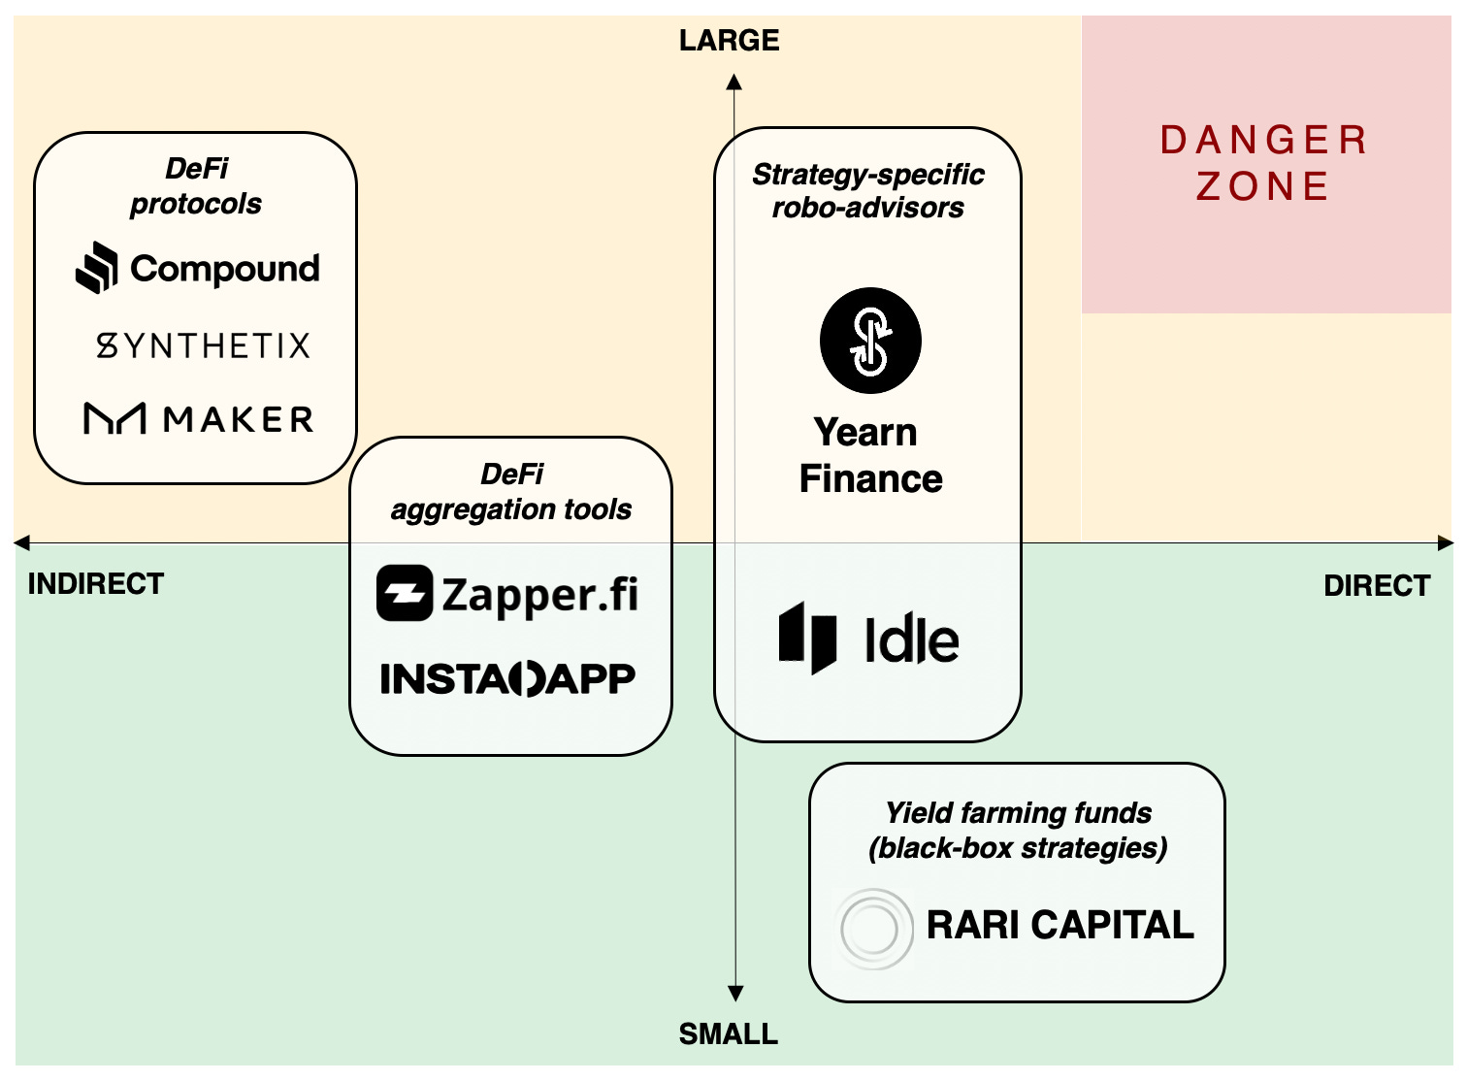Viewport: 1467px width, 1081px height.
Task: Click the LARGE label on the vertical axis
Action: [729, 41]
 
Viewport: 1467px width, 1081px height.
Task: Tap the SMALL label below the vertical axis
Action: [728, 1034]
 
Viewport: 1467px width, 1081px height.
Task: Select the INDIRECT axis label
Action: [96, 584]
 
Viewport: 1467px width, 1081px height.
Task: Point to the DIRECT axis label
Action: [1377, 586]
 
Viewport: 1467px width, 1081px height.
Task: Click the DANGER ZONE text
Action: [1263, 163]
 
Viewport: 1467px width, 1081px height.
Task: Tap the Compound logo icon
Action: [97, 268]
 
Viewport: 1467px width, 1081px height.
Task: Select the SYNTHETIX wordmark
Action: [203, 345]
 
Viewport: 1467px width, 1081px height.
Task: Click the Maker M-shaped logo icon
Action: [114, 419]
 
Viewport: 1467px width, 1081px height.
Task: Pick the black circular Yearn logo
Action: [870, 341]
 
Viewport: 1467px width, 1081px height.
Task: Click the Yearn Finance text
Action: [869, 456]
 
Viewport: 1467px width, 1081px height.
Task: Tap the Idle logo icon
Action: [807, 639]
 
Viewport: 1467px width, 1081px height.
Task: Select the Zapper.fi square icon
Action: [404, 593]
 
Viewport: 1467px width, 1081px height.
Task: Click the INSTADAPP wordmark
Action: [507, 679]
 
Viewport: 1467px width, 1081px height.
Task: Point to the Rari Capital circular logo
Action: [873, 929]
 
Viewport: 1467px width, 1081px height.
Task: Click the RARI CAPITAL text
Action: [1059, 925]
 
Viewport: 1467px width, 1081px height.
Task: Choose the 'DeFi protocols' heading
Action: [196, 186]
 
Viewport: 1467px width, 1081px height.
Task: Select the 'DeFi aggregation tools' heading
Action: [510, 492]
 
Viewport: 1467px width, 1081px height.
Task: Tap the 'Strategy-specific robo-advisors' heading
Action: [867, 191]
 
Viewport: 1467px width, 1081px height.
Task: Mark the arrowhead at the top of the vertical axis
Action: [734, 82]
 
